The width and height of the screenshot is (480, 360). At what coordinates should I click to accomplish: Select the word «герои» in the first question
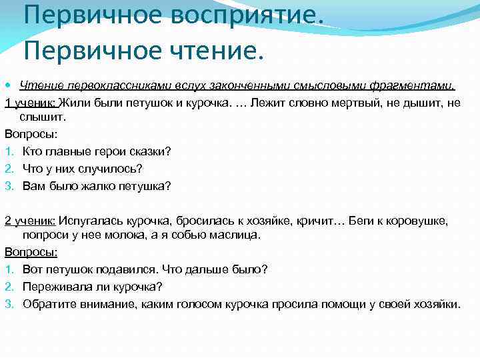120,151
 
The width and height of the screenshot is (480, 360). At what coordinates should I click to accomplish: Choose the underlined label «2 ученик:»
30,221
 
